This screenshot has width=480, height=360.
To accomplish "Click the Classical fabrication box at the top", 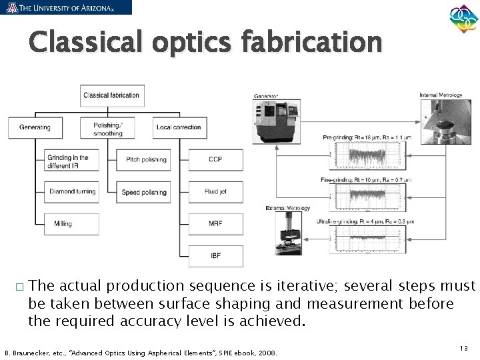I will tap(111, 95).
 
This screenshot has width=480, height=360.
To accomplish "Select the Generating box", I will tap(35, 127).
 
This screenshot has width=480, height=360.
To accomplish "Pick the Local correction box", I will tap(178, 127).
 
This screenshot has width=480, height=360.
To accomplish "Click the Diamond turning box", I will tap(71, 192).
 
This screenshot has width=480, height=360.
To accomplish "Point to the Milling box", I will tap(71, 224).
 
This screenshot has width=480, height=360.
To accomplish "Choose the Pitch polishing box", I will tap(145, 160).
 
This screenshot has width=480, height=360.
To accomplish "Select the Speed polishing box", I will tap(145, 192).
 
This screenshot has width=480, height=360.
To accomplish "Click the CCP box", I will tap(215, 160).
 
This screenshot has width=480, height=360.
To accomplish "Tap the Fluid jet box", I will tap(215, 192).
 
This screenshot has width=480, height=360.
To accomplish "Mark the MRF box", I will tap(215, 224).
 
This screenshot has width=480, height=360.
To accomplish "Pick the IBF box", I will tap(215, 255).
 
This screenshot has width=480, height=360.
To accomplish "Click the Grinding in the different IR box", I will tap(71, 160).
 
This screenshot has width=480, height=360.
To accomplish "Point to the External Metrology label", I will tap(288, 209).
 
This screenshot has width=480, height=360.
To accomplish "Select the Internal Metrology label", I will tap(441, 95).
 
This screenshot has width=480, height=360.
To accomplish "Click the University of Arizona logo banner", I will tap(66, 7).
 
